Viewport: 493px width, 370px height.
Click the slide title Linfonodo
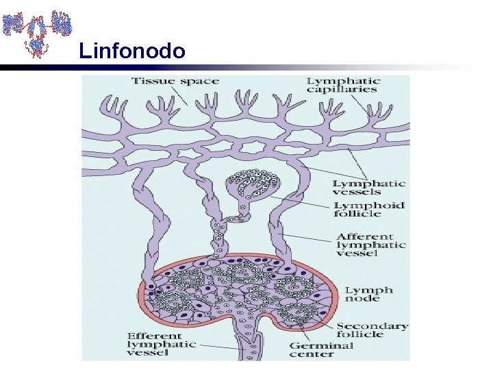pyautogui.click(x=131, y=51)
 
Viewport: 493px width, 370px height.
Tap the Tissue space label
pyautogui.click(x=175, y=82)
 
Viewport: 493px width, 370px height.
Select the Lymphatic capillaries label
pyautogui.click(x=344, y=85)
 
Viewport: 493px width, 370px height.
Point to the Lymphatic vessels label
pyautogui.click(x=369, y=188)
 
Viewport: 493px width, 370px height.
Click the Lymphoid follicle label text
pyautogui.click(x=369, y=210)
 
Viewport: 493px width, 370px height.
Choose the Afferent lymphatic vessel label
pyautogui.click(x=370, y=245)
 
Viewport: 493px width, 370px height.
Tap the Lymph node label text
pyautogui.click(x=369, y=295)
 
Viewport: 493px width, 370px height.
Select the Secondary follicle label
pyautogui.click(x=371, y=330)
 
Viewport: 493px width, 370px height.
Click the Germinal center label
pyautogui.click(x=322, y=350)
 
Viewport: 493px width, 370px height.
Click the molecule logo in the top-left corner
pyautogui.click(x=37, y=32)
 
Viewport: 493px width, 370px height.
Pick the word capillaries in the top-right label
pyautogui.click(x=352, y=90)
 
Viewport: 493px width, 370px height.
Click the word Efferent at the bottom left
pyautogui.click(x=155, y=336)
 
